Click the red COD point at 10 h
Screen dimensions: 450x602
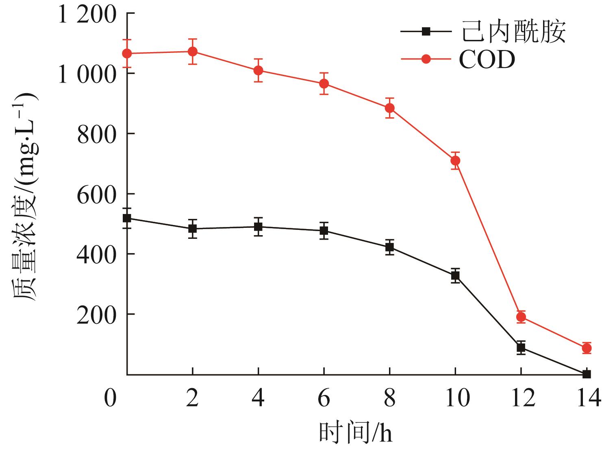pyautogui.click(x=455, y=161)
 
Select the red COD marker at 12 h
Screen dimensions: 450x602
pyautogui.click(x=521, y=317)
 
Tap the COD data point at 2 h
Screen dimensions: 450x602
pyautogui.click(x=193, y=52)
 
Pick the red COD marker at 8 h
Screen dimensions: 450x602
pyautogui.click(x=389, y=108)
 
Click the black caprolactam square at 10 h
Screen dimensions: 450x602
pyautogui.click(x=455, y=275)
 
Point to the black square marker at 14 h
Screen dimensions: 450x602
pyautogui.click(x=586, y=374)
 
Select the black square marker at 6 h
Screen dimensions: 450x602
pyautogui.click(x=324, y=231)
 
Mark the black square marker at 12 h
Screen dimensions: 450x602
pyautogui.click(x=521, y=347)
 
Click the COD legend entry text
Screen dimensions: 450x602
pyautogui.click(x=487, y=60)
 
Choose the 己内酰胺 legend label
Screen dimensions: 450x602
pyautogui.click(x=513, y=31)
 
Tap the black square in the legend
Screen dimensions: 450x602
pyautogui.click(x=426, y=31)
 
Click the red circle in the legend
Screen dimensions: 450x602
pyautogui.click(x=426, y=59)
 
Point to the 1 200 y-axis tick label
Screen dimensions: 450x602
pyautogui.click(x=87, y=15)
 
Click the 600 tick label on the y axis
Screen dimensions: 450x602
pyautogui.click(x=97, y=195)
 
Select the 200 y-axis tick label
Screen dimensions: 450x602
pyautogui.click(x=97, y=316)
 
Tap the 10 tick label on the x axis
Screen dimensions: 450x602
pyautogui.click(x=457, y=398)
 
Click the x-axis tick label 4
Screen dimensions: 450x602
pyautogui.click(x=258, y=398)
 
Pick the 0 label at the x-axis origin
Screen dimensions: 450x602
pyautogui.click(x=110, y=398)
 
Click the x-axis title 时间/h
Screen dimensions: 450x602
pyautogui.click(x=355, y=433)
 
